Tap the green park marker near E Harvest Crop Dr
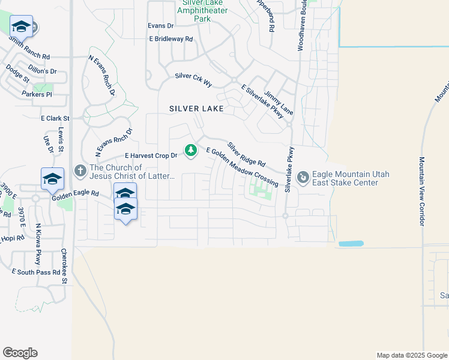(x=191, y=149)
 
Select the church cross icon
(x=80, y=172)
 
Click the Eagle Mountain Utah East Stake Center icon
(x=303, y=178)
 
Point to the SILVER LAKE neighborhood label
(x=196, y=109)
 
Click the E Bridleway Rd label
(x=171, y=39)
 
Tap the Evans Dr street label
(x=160, y=26)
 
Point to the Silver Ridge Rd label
(x=246, y=154)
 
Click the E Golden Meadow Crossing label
(x=242, y=167)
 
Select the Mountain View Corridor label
(x=422, y=191)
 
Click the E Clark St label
(x=55, y=119)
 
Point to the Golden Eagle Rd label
(x=74, y=194)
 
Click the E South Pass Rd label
(x=36, y=272)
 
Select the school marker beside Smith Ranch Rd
(x=22, y=27)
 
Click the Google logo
(x=20, y=353)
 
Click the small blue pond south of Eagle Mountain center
(x=351, y=244)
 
